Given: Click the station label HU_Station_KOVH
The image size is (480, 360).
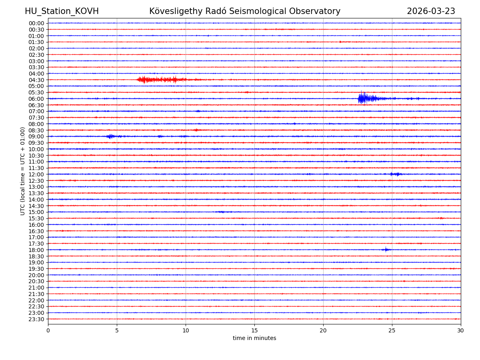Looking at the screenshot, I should coord(62,12).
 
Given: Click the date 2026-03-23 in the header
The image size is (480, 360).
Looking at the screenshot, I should coord(431,12).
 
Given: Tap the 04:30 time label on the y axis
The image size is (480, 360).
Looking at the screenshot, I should coord(36,80).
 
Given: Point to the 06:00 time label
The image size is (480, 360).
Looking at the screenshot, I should coord(36,99).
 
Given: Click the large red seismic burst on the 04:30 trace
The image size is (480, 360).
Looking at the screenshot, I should coord(160,80).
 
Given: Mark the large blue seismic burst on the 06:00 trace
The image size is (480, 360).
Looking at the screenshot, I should coord(366,98).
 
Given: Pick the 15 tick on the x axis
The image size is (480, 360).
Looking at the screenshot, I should coord(254,331).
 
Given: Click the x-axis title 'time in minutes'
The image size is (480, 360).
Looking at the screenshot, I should coord(254,338).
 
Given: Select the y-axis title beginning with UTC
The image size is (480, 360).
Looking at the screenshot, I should coord(23,171).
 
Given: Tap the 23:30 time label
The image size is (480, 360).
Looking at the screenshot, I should coord(36,319).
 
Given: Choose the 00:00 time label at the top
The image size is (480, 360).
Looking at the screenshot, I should coord(36,23).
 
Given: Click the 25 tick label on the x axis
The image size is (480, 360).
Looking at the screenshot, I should coord(392,331).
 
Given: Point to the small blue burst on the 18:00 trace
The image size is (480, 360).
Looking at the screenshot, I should coord(386,250).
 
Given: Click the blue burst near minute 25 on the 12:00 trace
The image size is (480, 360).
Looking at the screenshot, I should coord(396,174).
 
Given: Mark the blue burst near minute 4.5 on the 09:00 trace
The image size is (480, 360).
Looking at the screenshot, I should coord(110,136).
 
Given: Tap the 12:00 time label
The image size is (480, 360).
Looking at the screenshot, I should coord(36,174).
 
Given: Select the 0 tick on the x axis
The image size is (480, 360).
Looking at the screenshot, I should coord(48,331).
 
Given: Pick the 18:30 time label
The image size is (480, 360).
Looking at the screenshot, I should coord(36,256).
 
